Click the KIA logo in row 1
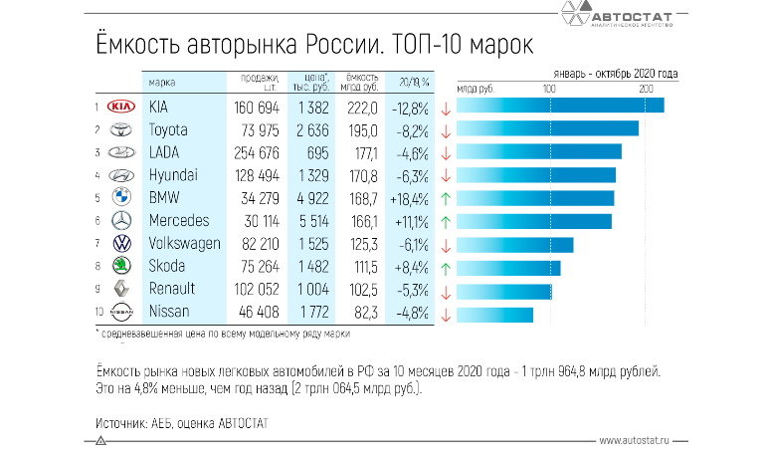[120, 107]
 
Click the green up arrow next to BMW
[446, 198]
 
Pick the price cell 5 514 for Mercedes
[308, 220]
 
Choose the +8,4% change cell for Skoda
[410, 266]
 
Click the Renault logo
[120, 289]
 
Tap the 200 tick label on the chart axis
[646, 90]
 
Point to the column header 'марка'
[162, 82]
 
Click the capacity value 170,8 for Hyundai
[360, 175]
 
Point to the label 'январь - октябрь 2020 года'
[616, 74]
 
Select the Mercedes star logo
[120, 220]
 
